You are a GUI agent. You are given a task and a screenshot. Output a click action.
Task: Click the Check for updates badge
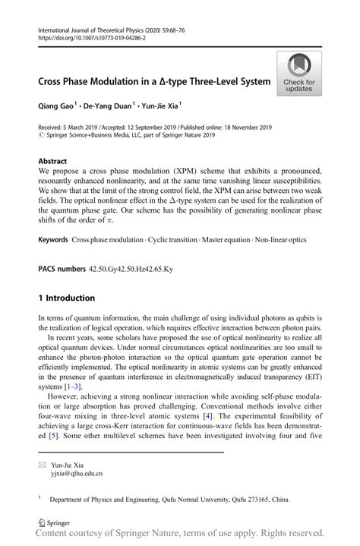300,74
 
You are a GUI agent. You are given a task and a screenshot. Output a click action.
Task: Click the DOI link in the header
87,37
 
